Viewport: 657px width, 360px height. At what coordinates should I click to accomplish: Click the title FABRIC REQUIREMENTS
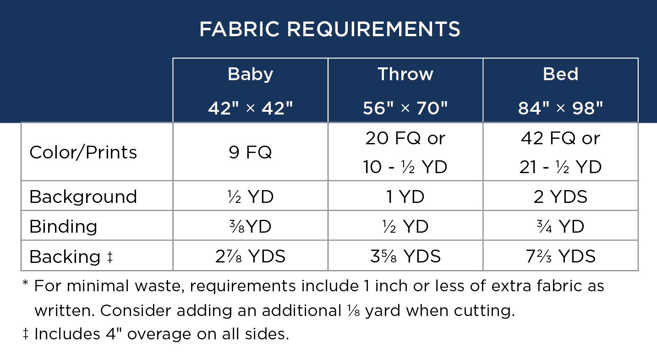coord(330,29)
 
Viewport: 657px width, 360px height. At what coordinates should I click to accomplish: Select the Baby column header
coord(251,75)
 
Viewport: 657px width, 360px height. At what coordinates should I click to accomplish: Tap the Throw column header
coord(405,74)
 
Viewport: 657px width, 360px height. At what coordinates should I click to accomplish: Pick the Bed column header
coord(560,74)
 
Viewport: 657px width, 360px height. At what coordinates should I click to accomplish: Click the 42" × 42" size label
coord(251,108)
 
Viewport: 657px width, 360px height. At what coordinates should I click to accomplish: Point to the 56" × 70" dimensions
coord(405,108)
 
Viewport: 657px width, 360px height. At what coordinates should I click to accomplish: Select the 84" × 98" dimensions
coord(560,108)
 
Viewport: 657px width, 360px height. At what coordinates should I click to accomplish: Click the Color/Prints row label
coord(83,153)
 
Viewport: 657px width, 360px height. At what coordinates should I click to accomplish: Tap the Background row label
coord(83,196)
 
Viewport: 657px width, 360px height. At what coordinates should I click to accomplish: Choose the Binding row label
coord(63,227)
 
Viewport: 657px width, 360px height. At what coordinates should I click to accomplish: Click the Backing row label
coord(71,256)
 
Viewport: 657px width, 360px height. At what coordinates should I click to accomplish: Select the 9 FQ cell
coord(251,153)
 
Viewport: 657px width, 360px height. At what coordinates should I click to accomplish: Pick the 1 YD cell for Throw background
coord(405,196)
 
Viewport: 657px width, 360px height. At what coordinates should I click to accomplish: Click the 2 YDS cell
coord(560,196)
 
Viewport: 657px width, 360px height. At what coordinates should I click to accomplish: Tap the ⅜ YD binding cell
coord(251,227)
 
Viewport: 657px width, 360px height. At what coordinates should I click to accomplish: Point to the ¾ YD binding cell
coord(560,227)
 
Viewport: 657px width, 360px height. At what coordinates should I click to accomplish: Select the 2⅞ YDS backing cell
coord(251,256)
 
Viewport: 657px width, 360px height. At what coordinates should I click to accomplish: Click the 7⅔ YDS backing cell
coord(560,256)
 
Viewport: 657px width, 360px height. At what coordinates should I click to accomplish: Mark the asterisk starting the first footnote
coord(25,283)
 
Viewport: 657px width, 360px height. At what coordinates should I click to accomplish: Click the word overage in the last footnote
coord(159,334)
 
